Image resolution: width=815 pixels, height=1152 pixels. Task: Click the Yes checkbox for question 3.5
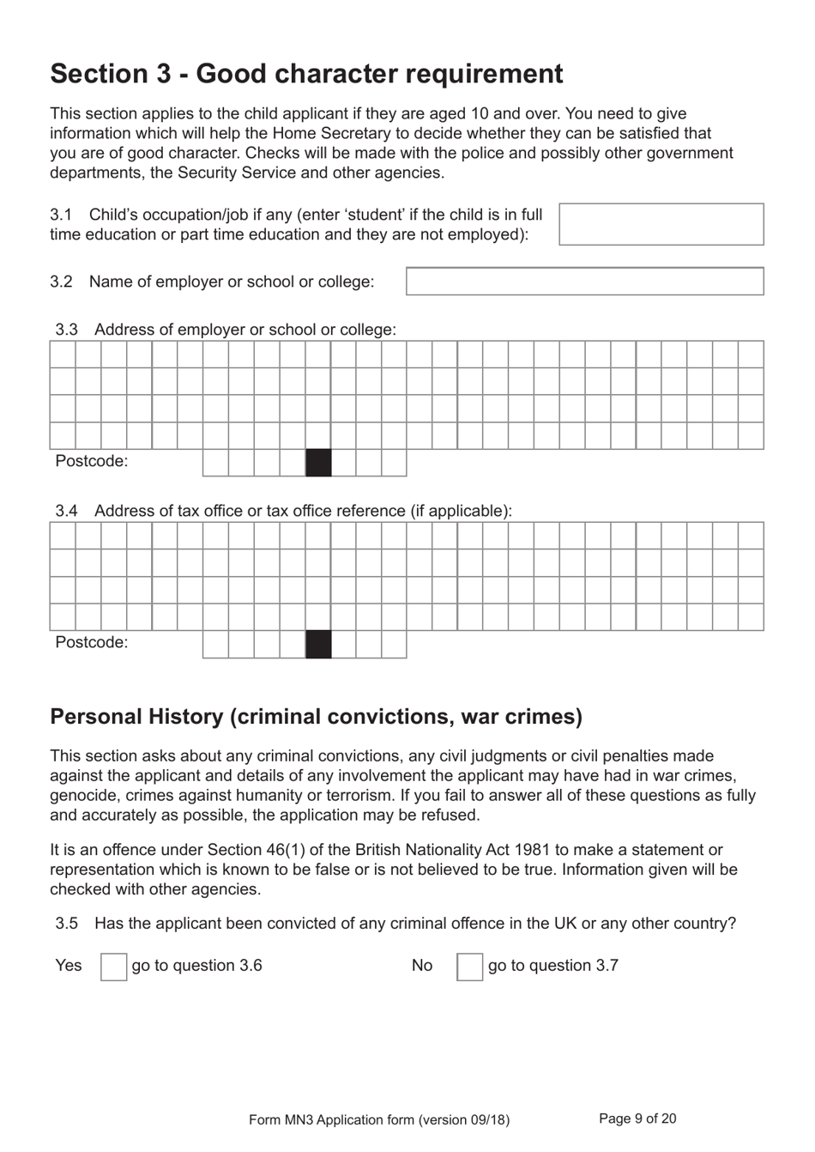[x=113, y=967]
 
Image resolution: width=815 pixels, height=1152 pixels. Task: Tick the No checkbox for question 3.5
[x=469, y=967]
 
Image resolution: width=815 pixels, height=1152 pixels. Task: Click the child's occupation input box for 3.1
[x=661, y=224]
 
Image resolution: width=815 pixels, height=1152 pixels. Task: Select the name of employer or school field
[x=584, y=282]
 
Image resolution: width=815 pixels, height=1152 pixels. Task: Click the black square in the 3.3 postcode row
[x=318, y=463]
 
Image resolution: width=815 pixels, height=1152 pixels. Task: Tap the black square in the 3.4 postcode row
[x=318, y=644]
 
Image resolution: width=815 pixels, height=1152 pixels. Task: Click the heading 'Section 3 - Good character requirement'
[x=306, y=74]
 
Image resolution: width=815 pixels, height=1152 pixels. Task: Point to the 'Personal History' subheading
[x=316, y=717]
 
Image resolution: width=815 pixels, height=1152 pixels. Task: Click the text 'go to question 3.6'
[x=196, y=966]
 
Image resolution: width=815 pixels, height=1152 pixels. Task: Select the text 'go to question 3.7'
[x=552, y=966]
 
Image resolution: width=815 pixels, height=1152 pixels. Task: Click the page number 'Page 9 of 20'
[x=637, y=1119]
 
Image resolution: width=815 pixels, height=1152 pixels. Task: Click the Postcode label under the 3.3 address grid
[x=91, y=462]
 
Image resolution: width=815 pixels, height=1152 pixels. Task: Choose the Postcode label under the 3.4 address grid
[x=91, y=643]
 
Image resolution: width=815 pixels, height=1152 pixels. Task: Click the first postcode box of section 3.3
[x=215, y=463]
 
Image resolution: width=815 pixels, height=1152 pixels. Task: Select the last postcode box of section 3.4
[x=394, y=644]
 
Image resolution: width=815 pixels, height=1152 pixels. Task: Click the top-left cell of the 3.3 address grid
[x=63, y=355]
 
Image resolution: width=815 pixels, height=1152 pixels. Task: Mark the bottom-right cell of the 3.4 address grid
[x=751, y=617]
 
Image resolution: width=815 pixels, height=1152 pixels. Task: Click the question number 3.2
[x=61, y=282]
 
